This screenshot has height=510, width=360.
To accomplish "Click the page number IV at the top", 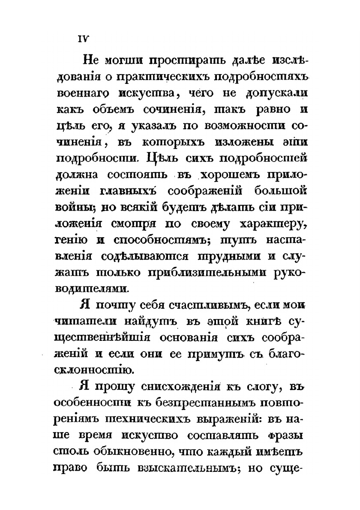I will click(x=82, y=38).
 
